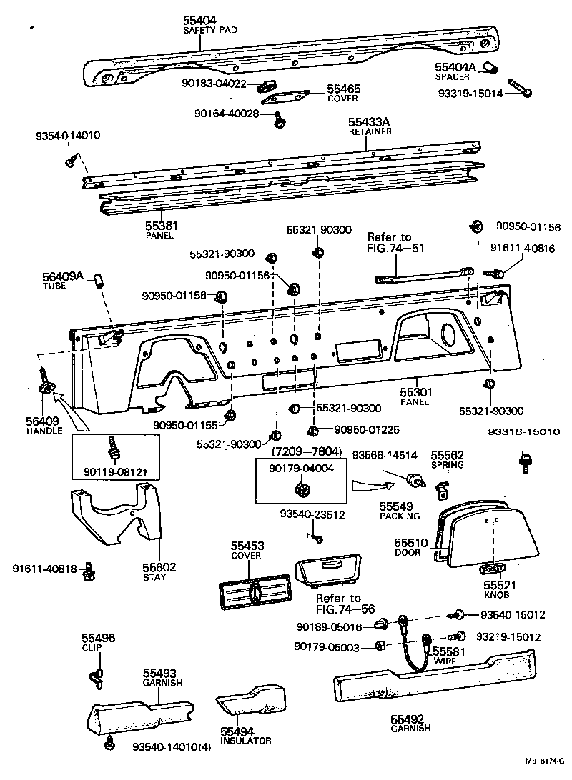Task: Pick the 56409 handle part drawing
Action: (x=45, y=385)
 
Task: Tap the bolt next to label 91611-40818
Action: (x=89, y=569)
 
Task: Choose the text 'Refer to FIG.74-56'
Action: (x=339, y=604)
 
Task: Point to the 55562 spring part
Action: (x=444, y=488)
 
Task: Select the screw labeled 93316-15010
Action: (x=526, y=462)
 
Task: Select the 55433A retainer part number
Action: (x=369, y=123)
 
